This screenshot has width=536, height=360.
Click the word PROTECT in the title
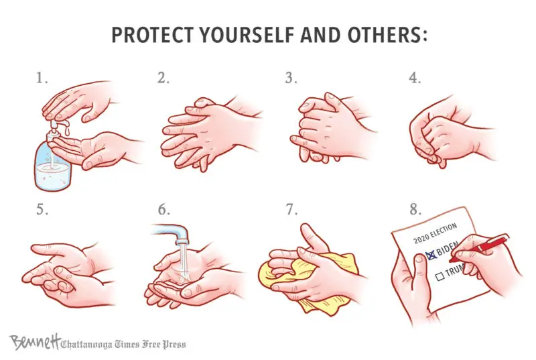click(x=153, y=35)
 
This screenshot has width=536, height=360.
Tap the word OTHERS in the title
click(x=387, y=35)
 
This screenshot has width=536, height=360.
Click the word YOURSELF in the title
click(x=246, y=35)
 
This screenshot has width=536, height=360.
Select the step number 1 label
click(x=42, y=78)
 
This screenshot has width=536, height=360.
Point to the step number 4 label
click(x=415, y=78)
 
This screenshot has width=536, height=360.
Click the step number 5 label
click(x=42, y=209)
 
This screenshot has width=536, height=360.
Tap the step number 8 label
click(x=415, y=209)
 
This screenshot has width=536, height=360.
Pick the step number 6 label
click(x=163, y=209)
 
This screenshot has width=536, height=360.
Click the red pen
click(x=478, y=248)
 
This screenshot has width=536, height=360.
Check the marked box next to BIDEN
click(x=431, y=254)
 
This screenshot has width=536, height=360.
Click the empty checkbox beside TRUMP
click(x=440, y=276)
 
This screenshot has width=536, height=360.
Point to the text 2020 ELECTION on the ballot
click(x=435, y=233)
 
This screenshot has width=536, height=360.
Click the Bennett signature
click(x=35, y=342)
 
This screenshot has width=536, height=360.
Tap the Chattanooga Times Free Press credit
click(x=123, y=345)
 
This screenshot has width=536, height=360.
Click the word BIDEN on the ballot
click(x=447, y=249)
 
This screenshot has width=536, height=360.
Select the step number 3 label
click(x=291, y=78)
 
